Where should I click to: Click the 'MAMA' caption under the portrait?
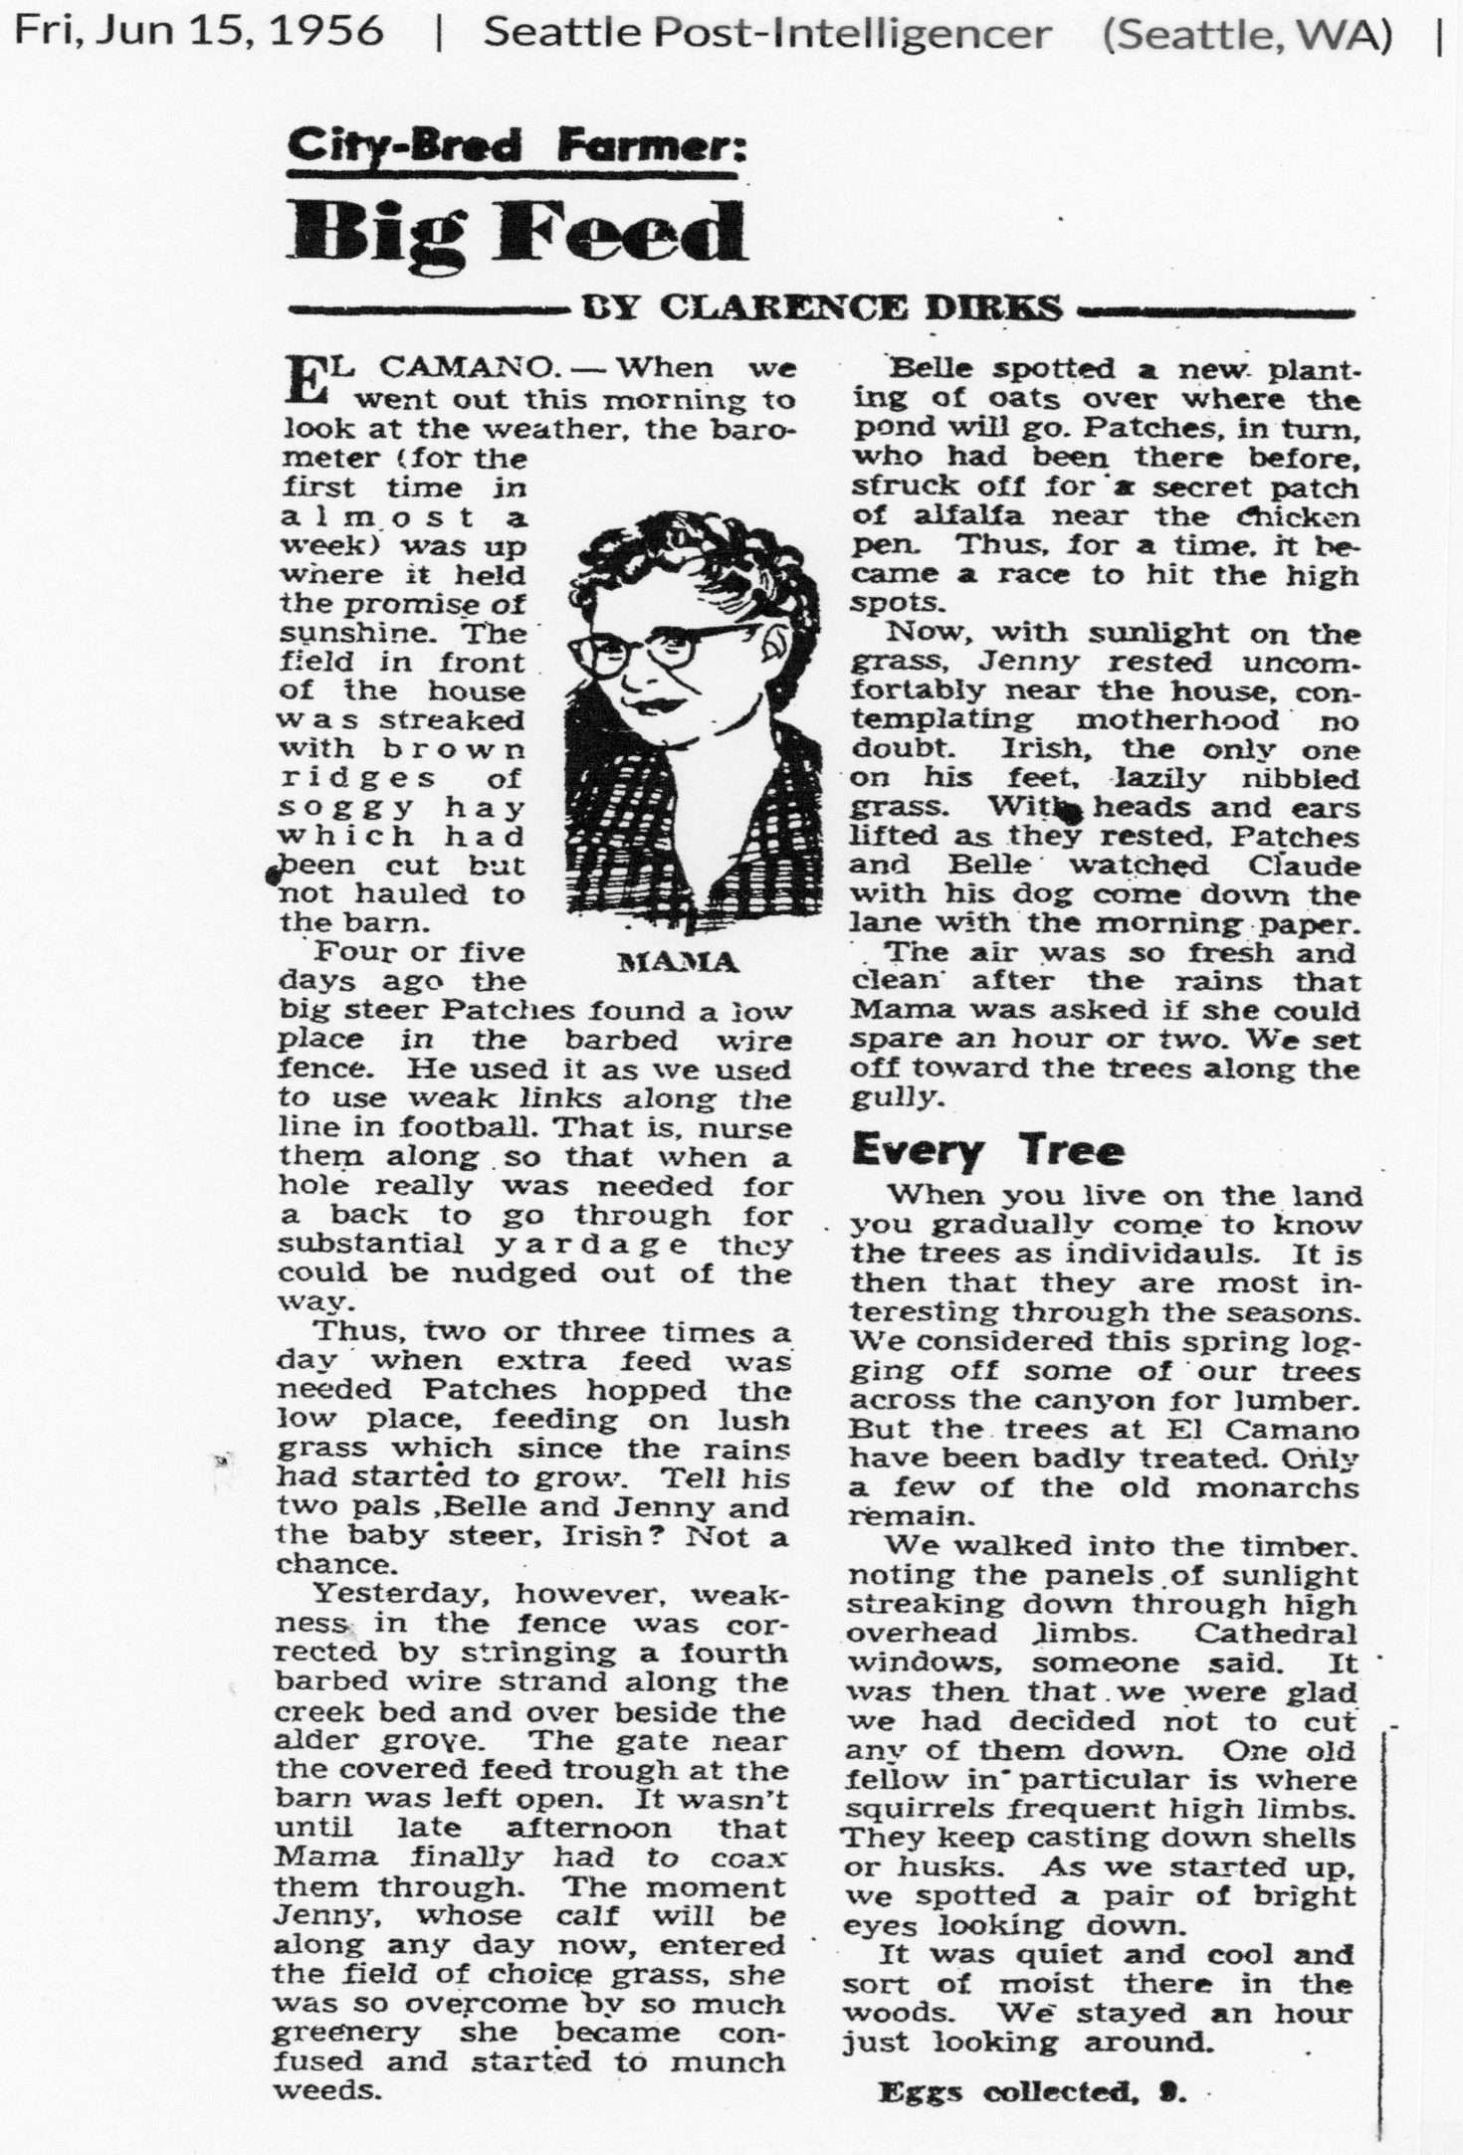point(677,962)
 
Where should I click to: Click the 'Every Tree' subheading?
point(987,1151)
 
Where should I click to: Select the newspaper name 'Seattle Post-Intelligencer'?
point(766,33)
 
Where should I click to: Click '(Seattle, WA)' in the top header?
point(1246,33)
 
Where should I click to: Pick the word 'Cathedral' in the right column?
point(1275,1633)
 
